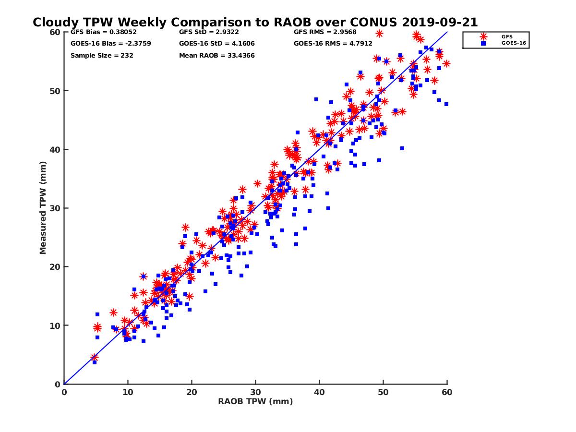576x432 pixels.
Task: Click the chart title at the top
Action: pos(255,23)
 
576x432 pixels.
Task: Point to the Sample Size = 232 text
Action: pos(102,55)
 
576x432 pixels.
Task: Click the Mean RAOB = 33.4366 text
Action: pos(216,55)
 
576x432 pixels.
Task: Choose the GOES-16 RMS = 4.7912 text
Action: pos(333,44)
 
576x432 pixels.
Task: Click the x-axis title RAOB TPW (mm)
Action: pos(255,401)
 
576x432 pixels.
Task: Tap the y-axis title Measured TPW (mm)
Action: pos(43,208)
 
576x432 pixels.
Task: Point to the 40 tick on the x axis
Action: pos(320,392)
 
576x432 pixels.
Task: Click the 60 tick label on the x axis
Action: pos(447,392)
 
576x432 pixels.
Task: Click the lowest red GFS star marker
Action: pos(95,358)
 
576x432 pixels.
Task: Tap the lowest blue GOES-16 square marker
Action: pos(95,362)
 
